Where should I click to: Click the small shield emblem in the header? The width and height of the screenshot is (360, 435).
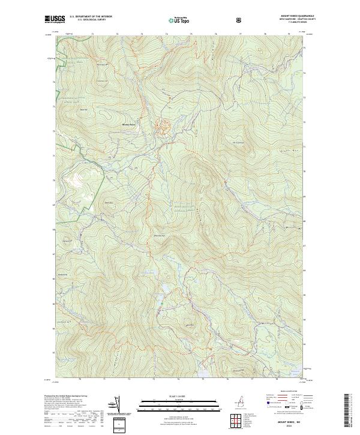pos(240,20)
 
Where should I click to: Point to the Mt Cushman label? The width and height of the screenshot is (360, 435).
pos(239,142)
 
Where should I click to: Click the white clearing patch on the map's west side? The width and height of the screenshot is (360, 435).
pos(76,178)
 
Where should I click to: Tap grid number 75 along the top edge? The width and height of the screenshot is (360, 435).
pos(190,35)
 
